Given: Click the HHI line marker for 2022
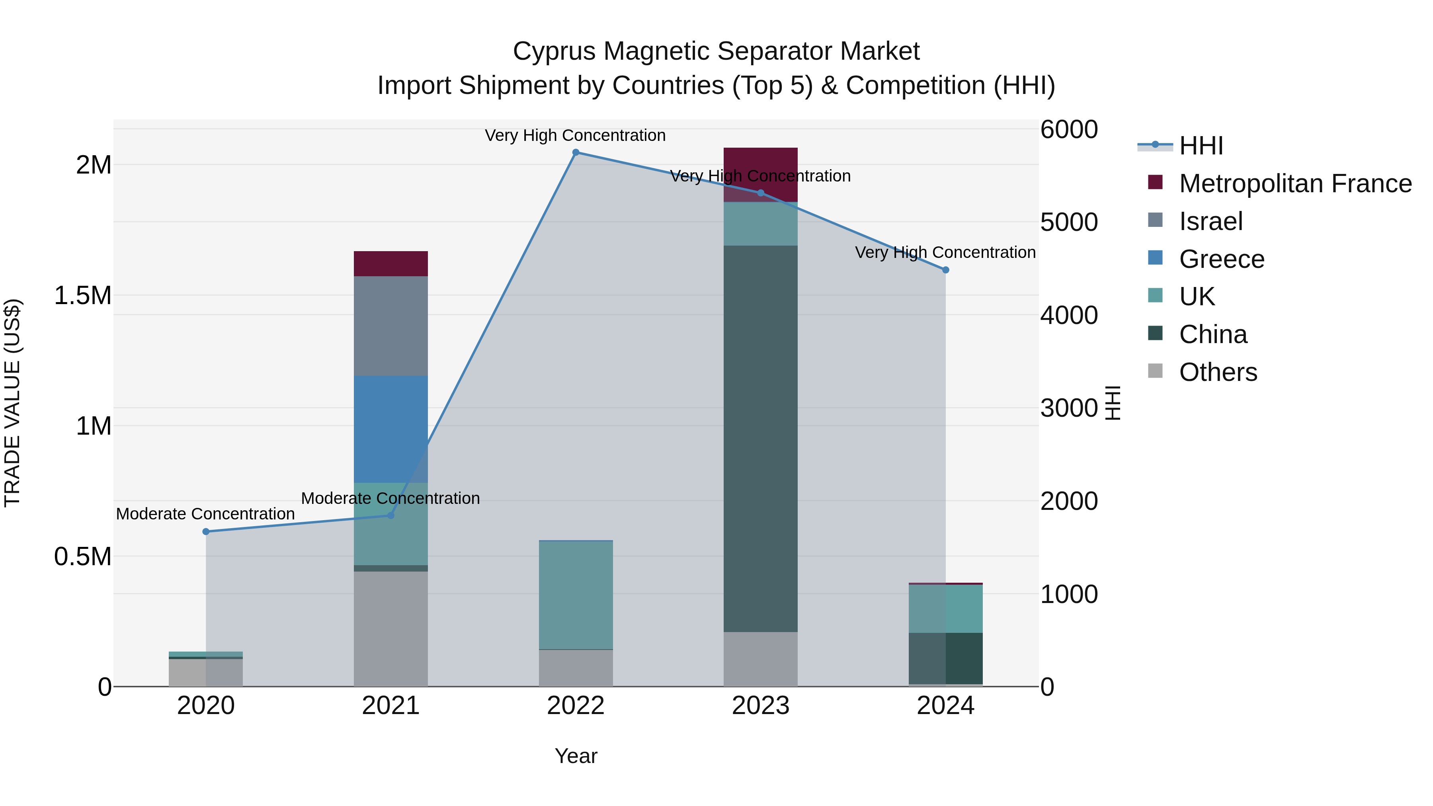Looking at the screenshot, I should point(576,152).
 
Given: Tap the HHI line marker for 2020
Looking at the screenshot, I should point(206,532).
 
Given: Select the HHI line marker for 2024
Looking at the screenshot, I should point(946,270).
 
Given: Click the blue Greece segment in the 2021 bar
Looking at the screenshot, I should point(390,428).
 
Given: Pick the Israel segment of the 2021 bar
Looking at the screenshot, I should point(390,326).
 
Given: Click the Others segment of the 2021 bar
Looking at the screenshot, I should point(390,628).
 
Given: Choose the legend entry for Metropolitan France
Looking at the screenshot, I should point(1295,183).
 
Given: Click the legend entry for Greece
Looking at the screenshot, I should point(1222,259).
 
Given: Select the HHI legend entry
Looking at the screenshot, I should point(1201,146).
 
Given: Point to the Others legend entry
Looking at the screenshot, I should point(1218,372).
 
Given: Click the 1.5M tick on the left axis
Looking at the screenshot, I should point(83,295).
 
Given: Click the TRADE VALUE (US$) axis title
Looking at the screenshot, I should point(12,403).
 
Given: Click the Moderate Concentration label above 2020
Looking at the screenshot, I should point(205,514).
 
